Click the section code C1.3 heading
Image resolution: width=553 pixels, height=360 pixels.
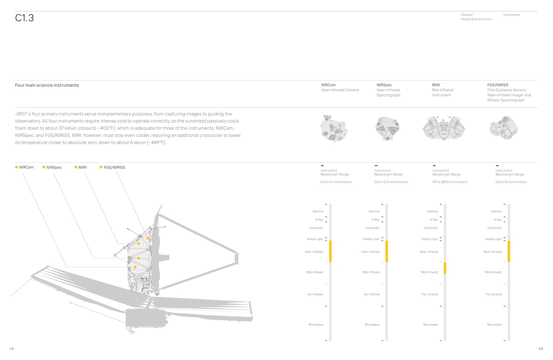click(x=24, y=18)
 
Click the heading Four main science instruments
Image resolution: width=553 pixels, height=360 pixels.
click(x=47, y=85)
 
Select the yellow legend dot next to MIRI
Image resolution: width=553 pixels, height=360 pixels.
click(x=76, y=167)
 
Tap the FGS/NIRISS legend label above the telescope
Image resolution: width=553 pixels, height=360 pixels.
click(x=114, y=167)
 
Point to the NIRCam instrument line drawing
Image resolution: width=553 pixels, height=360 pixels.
click(x=333, y=128)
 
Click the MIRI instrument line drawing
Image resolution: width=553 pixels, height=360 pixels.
click(x=444, y=128)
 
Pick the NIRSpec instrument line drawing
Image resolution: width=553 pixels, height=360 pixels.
click(x=387, y=128)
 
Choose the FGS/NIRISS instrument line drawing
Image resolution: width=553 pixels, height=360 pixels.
click(x=504, y=127)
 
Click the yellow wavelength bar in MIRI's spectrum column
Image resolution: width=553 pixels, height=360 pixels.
click(x=445, y=268)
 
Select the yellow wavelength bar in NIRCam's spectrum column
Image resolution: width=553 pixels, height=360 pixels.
click(x=330, y=251)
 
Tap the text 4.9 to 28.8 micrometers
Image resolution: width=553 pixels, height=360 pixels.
click(x=450, y=182)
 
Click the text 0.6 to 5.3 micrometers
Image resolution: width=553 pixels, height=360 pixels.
click(x=391, y=182)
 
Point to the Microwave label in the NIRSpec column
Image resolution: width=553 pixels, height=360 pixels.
click(x=372, y=325)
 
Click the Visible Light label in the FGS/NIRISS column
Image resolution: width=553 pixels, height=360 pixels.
click(x=493, y=239)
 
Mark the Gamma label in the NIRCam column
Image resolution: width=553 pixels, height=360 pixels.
click(x=317, y=211)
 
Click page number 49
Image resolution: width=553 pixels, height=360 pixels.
click(x=540, y=349)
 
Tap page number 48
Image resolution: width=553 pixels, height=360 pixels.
click(x=12, y=349)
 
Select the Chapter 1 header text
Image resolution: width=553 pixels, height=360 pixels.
click(x=467, y=15)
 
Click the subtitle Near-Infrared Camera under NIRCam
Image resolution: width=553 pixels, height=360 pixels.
click(x=340, y=90)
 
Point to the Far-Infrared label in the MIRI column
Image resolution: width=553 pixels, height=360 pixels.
click(x=429, y=294)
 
